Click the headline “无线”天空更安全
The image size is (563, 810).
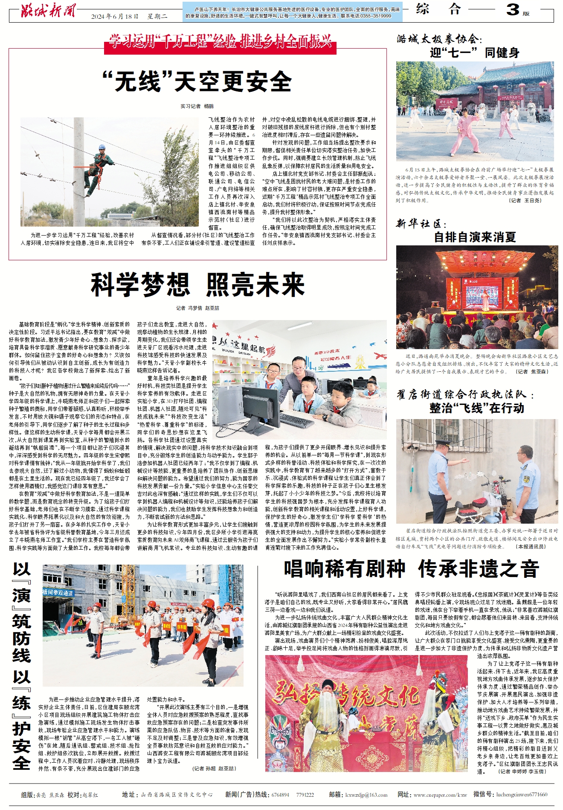point(197,82)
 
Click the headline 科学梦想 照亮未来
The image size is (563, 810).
point(197,285)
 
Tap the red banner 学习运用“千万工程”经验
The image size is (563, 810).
point(220,41)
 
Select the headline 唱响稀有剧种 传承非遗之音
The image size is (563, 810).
point(412,569)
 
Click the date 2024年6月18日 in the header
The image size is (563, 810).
point(115,17)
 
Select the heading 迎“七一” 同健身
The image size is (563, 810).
point(474,53)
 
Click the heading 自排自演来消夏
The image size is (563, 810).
point(475,237)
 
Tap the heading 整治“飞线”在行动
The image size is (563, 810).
point(476,408)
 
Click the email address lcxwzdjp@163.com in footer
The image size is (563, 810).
point(366,795)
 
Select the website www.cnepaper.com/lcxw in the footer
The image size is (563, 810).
point(440,795)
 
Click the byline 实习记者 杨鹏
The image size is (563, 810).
point(197,106)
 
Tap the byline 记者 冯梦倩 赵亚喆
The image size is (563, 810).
point(197,308)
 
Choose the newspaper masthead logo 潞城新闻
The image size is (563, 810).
point(48,10)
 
